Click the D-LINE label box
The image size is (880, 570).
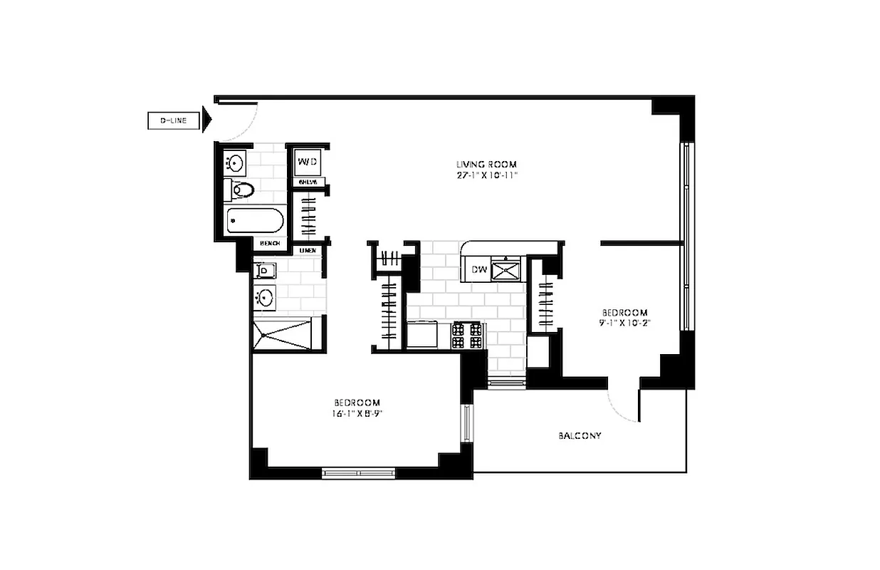point(172,121)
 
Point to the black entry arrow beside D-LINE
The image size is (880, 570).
point(207,120)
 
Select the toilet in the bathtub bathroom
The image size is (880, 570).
point(243,190)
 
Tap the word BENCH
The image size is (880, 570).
point(270,244)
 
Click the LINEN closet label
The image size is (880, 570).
point(308,250)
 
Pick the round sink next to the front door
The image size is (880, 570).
point(234,164)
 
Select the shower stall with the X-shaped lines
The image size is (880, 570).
point(283,333)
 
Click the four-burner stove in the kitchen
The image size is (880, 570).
point(467,336)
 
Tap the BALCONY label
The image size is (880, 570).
point(580,435)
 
